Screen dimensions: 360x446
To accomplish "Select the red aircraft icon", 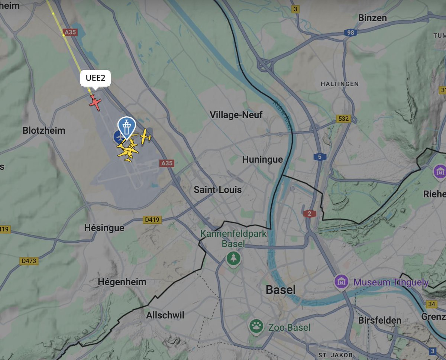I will pyautogui.click(x=95, y=102).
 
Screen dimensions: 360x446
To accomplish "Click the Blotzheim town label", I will pyautogui.click(x=44, y=130).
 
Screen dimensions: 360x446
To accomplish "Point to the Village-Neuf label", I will pyautogui.click(x=236, y=115).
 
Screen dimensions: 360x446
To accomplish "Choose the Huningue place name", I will pyautogui.click(x=262, y=159).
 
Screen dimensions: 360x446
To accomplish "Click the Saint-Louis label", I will pyautogui.click(x=218, y=190).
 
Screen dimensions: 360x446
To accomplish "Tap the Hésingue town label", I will pyautogui.click(x=104, y=227).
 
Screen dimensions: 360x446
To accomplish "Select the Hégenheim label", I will pyautogui.click(x=122, y=282).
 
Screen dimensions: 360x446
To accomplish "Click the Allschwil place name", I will pyautogui.click(x=165, y=315).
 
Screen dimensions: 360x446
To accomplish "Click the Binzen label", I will pyautogui.click(x=372, y=18).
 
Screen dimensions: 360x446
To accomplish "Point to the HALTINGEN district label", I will pyautogui.click(x=340, y=84).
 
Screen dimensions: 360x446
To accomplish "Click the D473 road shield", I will pyautogui.click(x=29, y=261).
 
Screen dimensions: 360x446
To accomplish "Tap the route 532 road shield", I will pyautogui.click(x=343, y=119).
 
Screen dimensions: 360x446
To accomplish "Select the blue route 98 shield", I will pyautogui.click(x=350, y=33).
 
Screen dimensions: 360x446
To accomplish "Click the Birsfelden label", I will pyautogui.click(x=380, y=320).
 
